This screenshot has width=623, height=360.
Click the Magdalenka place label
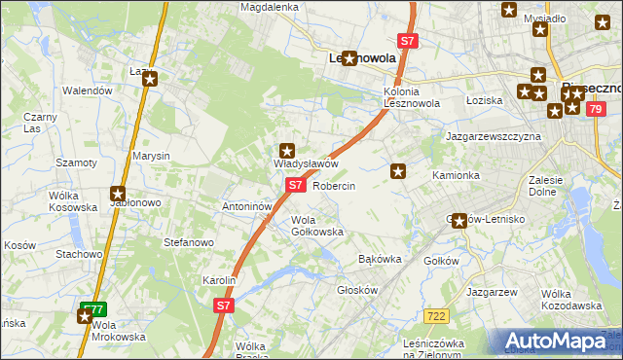coord(271,7)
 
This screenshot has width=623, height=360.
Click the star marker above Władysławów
coord(287,151)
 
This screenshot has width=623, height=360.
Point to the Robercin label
coord(334,185)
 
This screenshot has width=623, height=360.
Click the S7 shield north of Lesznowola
coord(408,41)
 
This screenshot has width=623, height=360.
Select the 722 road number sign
coord(436,315)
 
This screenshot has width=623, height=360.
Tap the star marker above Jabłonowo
coord(118,194)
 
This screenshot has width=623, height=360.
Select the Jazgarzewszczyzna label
coord(493,137)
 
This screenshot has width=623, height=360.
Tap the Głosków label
coord(356,290)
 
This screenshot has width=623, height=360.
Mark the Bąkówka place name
coord(381,260)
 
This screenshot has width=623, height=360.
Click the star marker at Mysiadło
coord(541,29)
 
